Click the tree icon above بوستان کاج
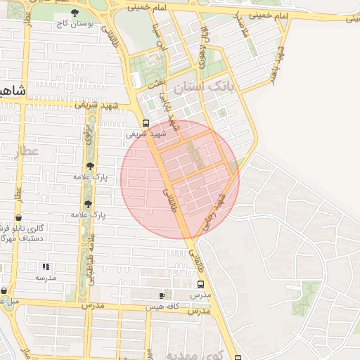[76, 12]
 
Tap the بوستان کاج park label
[76, 23]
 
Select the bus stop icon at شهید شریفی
[146, 122]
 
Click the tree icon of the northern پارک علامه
[88, 167]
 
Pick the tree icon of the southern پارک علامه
[88, 203]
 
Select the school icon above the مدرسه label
[46, 266]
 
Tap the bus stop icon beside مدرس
[201, 285]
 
